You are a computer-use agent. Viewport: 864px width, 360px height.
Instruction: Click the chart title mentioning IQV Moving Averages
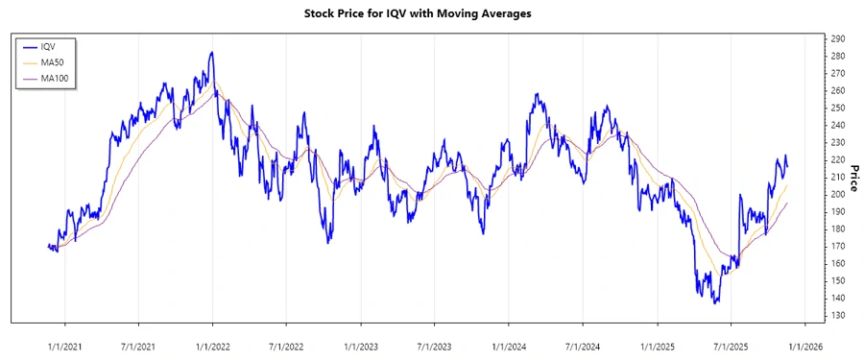[x=431, y=13]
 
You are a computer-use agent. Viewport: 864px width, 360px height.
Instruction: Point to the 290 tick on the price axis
[x=838, y=38]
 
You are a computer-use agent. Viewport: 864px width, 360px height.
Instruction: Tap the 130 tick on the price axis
[x=838, y=315]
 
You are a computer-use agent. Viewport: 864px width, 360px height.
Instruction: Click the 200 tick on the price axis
[x=838, y=194]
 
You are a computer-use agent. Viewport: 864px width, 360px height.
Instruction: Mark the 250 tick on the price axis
[x=838, y=108]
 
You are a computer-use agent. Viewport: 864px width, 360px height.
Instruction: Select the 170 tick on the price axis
[x=838, y=246]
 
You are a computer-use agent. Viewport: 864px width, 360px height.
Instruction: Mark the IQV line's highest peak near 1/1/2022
[x=211, y=53]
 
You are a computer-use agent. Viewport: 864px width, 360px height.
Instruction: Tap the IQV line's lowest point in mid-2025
[x=715, y=303]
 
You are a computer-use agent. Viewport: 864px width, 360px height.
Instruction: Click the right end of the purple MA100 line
[x=788, y=203]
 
